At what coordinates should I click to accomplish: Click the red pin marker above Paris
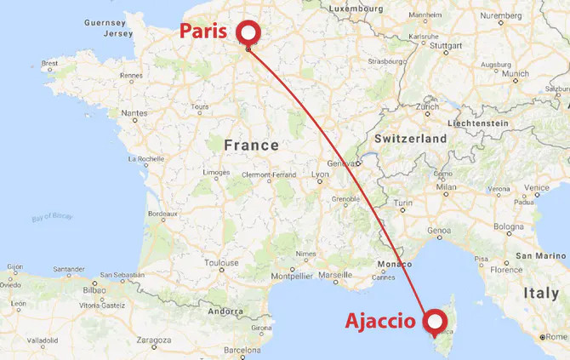pos(248,32)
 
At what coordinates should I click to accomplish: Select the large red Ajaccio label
pos(381,322)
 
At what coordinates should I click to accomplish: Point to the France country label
pos(251,146)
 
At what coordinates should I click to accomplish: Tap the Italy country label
pos(541,294)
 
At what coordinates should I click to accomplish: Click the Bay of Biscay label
pos(52,216)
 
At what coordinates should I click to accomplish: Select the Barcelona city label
pos(242,350)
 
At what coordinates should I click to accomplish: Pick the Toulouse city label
pos(221,263)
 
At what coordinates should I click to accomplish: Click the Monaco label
pos(394,264)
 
